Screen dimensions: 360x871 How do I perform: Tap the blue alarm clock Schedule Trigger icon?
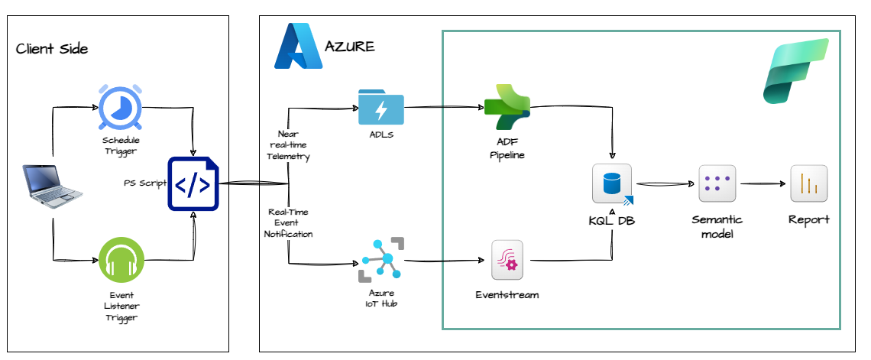pos(121,108)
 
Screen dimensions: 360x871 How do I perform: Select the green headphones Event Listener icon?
pos(121,261)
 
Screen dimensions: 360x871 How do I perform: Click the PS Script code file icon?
pos(193,183)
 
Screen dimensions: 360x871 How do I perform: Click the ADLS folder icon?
pos(381,109)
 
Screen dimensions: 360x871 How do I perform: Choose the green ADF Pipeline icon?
pos(507,108)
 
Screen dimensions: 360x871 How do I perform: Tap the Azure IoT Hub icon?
pos(381,261)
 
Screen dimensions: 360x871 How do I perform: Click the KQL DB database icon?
pos(612,184)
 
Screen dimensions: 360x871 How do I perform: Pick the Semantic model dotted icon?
pos(717,183)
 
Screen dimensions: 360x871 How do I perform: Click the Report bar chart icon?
pos(809,183)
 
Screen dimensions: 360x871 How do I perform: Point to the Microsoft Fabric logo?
pos(796,71)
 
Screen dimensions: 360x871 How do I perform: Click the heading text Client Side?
pos(52,50)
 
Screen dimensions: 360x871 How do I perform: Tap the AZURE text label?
pos(350,47)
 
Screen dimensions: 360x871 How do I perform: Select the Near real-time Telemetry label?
pos(287,145)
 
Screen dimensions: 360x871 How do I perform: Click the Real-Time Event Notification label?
pos(289,222)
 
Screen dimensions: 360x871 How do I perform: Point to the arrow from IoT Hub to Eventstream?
pos(446,261)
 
